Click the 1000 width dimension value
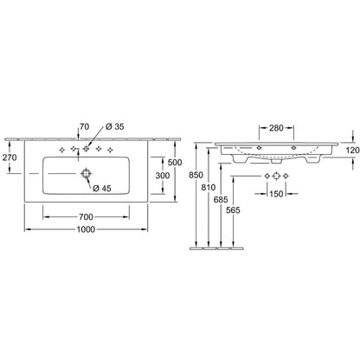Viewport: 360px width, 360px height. tap(86, 229)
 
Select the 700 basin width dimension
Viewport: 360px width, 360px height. tap(86, 216)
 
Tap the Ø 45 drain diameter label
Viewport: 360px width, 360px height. tap(102, 189)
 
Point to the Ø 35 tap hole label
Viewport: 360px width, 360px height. tap(115, 126)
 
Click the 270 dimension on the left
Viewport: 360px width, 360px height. tap(10, 157)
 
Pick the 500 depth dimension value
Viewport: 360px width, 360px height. tap(175, 163)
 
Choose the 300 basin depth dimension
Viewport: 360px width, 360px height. tap(163, 175)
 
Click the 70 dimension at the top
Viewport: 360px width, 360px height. tap(85, 126)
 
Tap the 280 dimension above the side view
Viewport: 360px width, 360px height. tap(276, 128)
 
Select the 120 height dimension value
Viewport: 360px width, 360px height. tap(352, 150)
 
